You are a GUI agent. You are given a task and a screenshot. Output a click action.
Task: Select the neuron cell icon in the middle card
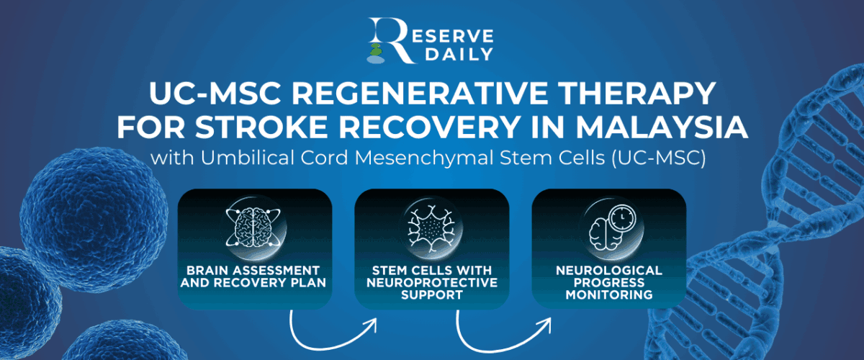tap(431, 226)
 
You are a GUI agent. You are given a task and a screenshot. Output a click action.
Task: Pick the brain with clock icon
tap(608, 226)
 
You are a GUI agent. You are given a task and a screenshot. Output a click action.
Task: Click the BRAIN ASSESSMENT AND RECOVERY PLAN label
tap(255, 276)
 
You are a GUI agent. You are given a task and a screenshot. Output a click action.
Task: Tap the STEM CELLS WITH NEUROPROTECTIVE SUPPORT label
tap(432, 282)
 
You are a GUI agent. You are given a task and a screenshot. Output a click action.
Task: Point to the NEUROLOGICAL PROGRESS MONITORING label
tap(609, 282)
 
